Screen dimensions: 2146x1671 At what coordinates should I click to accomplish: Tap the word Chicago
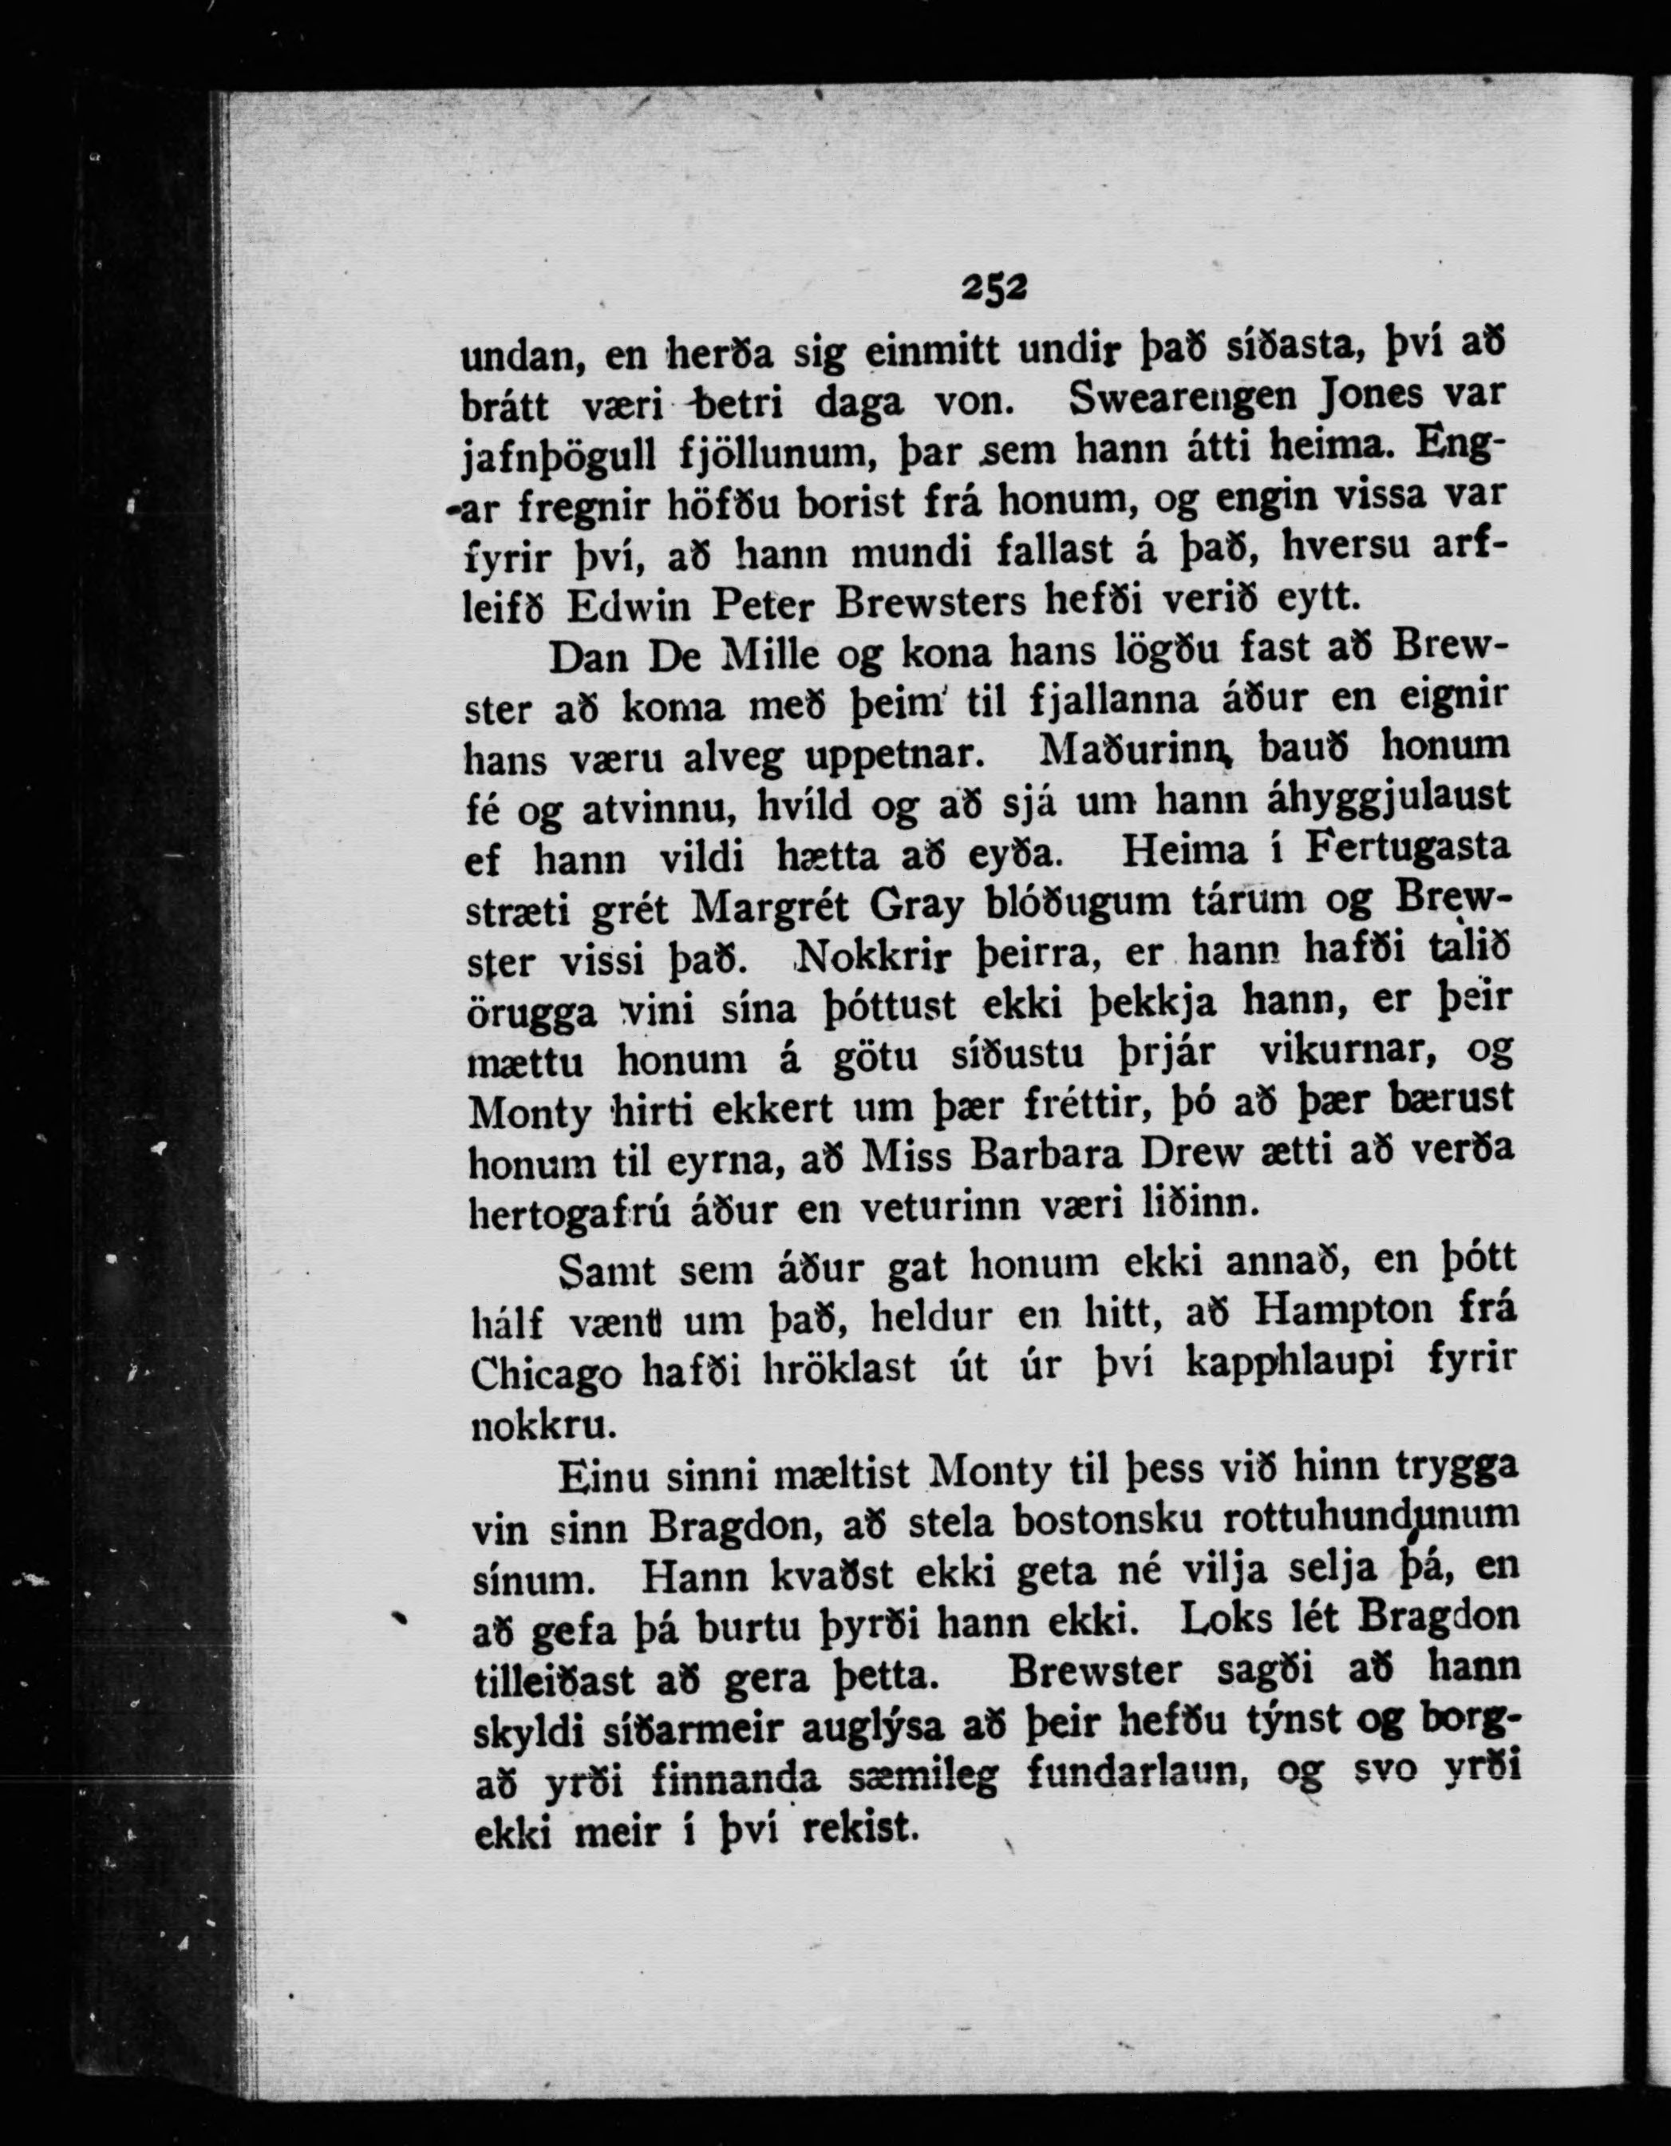[x=545, y=1374]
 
